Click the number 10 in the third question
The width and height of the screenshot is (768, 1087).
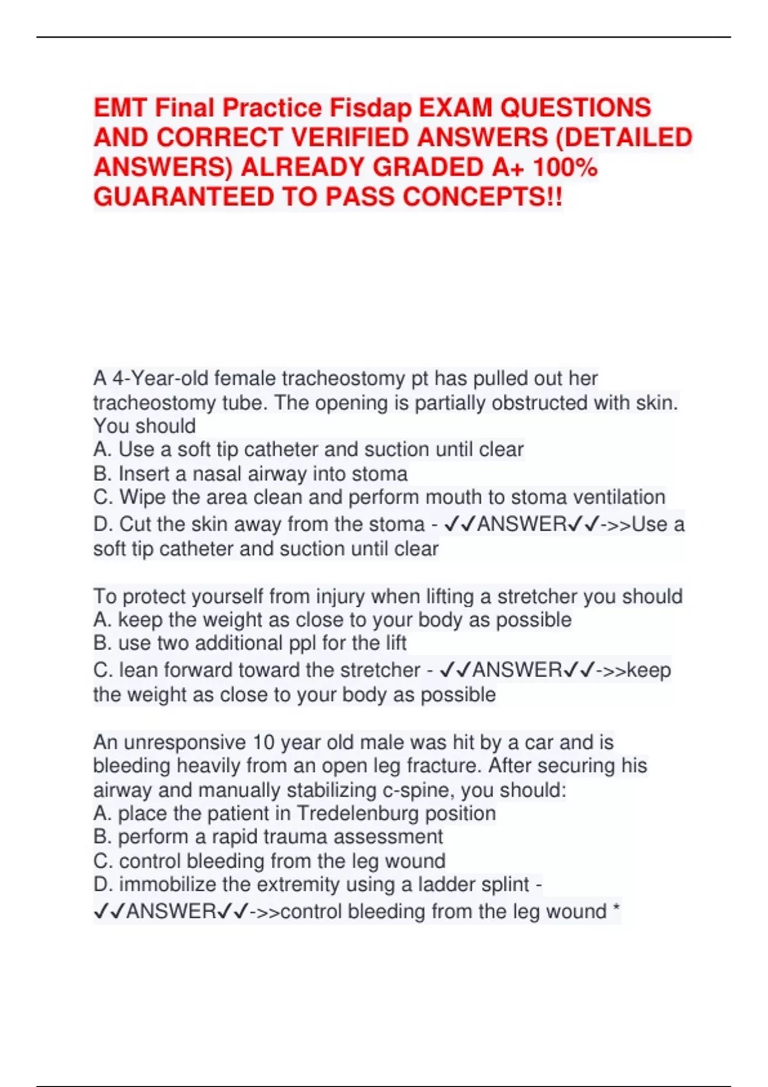[x=263, y=742]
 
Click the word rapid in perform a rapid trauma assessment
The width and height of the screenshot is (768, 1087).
[x=235, y=837]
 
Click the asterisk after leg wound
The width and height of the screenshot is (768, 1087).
[x=616, y=910]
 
